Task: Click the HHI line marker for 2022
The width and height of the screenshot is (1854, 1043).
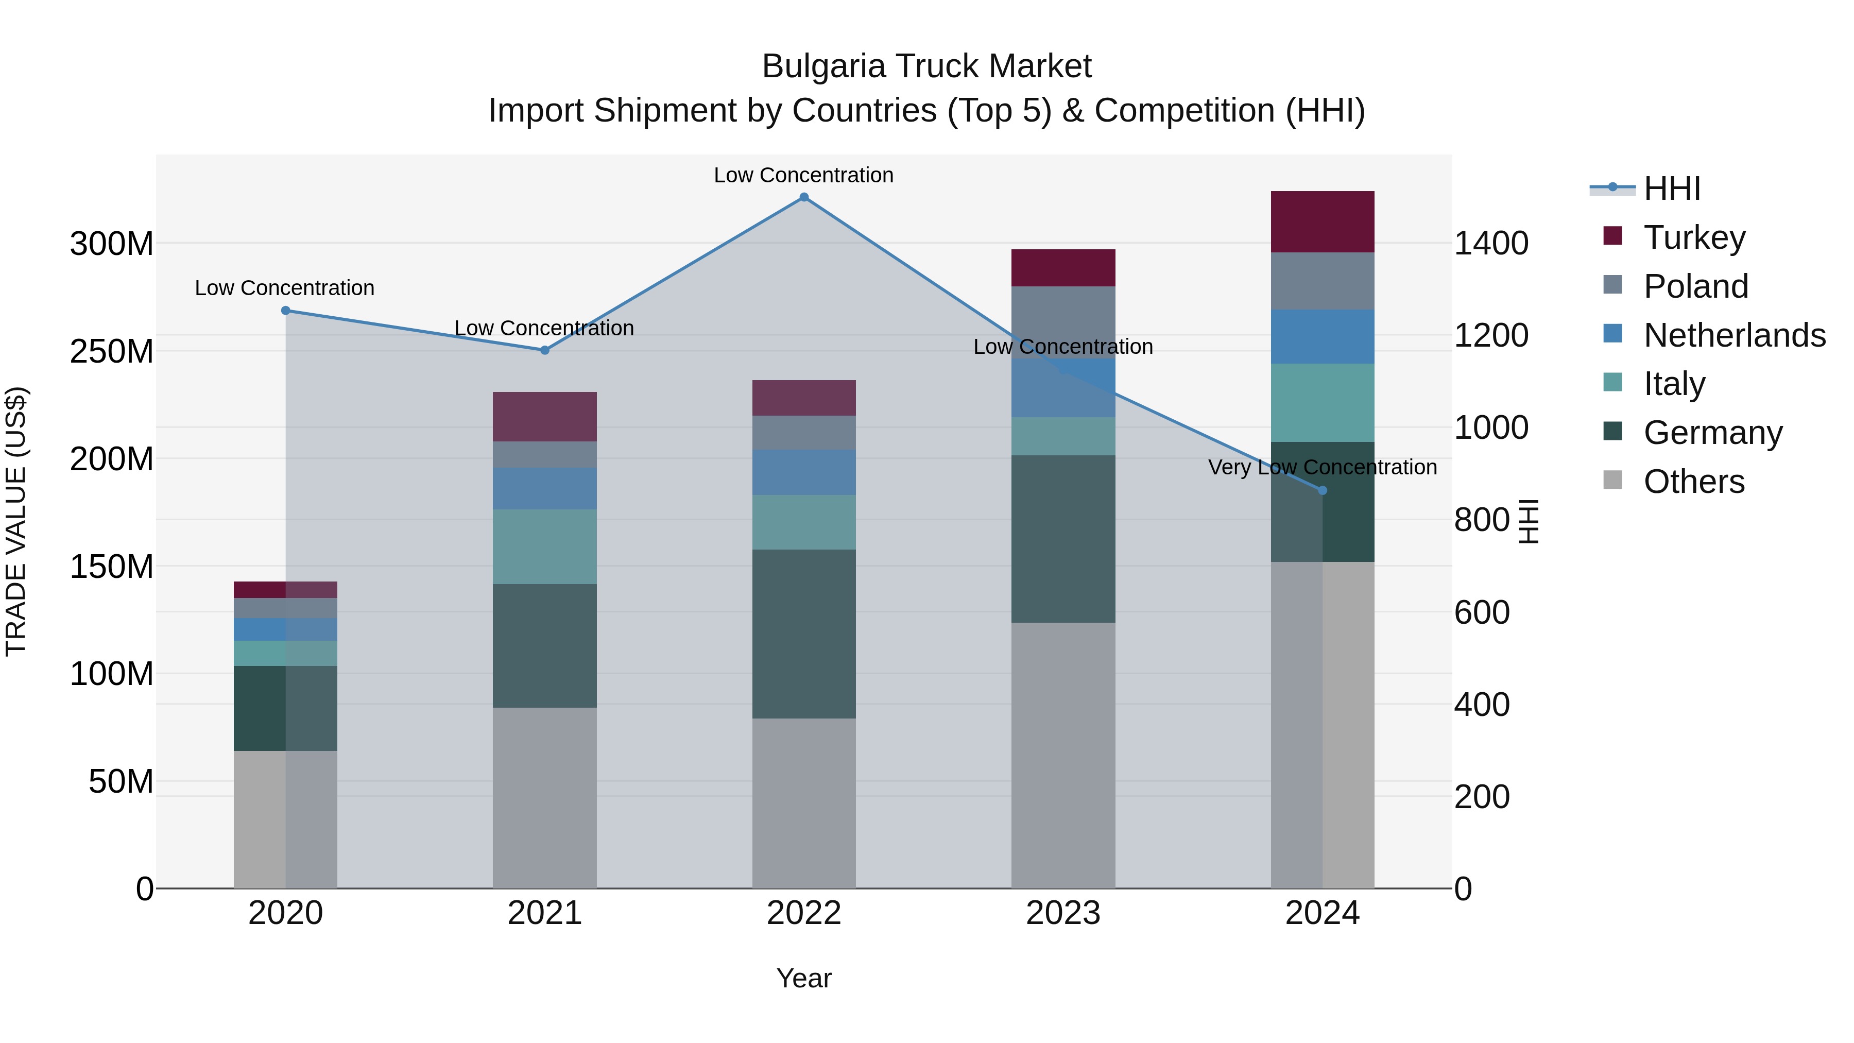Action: [804, 197]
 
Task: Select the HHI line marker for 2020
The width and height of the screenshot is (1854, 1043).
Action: [286, 310]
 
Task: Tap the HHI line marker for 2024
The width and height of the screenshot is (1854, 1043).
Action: [1322, 490]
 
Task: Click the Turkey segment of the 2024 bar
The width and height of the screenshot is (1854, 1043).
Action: [1322, 221]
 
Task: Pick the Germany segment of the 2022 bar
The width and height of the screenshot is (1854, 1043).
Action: [804, 634]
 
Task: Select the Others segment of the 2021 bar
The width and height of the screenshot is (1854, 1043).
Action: [545, 797]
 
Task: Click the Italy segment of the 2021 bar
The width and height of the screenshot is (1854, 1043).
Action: [545, 546]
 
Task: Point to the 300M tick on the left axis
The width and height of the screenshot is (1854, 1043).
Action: [112, 244]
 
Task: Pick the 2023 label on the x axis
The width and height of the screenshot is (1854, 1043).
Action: [1063, 913]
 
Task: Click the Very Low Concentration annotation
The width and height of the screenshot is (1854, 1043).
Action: [1322, 467]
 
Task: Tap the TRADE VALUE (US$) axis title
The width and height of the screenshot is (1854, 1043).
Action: [16, 521]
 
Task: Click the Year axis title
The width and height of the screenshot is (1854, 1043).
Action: [804, 978]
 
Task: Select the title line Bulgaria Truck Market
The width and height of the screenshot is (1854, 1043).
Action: [926, 66]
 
